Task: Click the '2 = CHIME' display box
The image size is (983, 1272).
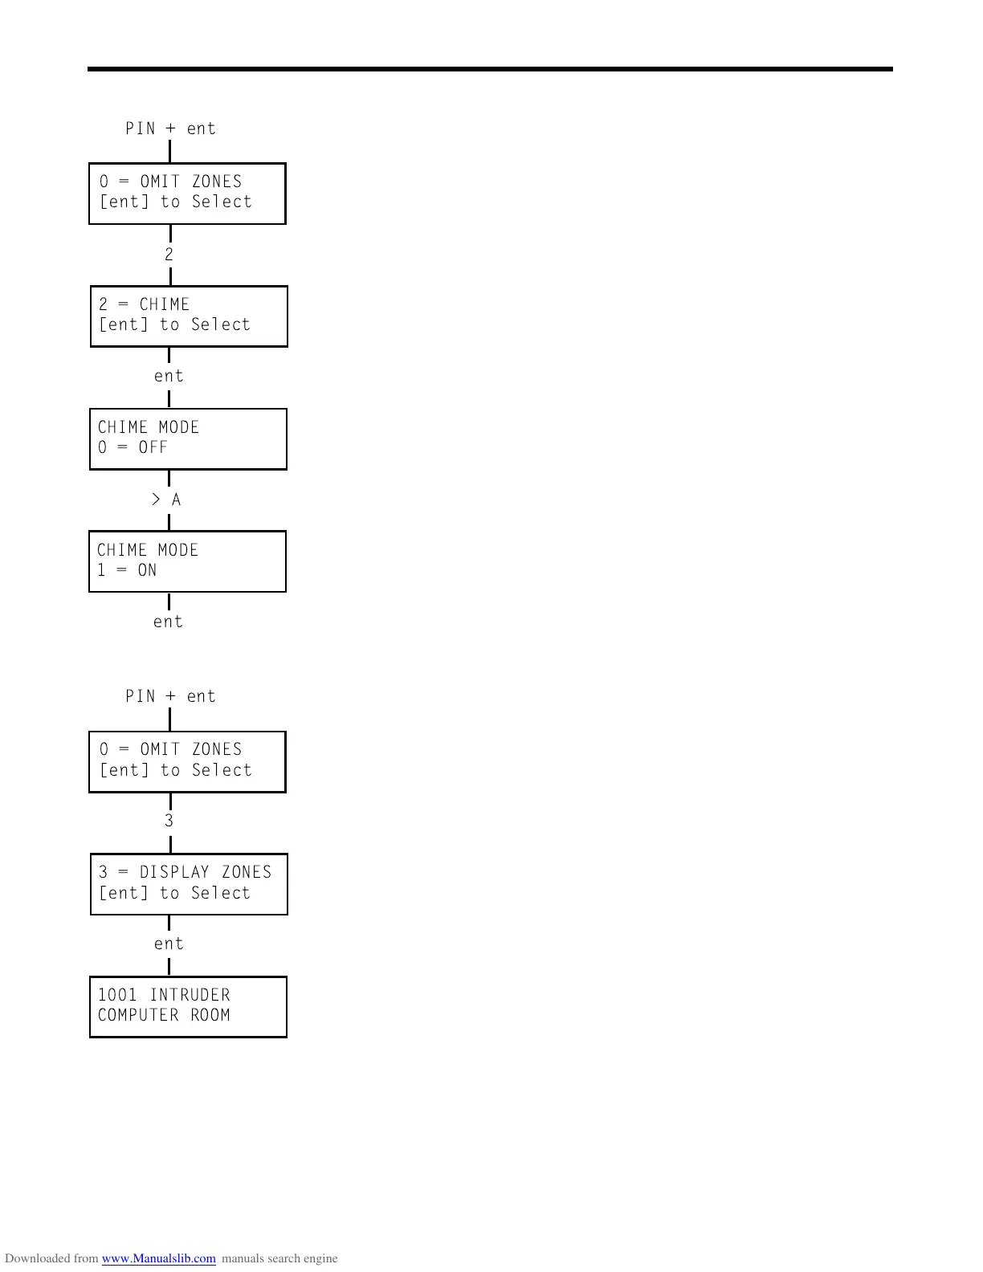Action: click(x=189, y=316)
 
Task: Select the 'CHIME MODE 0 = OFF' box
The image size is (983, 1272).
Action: click(x=188, y=439)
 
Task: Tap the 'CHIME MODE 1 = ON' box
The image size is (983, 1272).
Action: click(x=187, y=561)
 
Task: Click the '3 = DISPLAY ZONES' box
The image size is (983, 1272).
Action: click(x=189, y=884)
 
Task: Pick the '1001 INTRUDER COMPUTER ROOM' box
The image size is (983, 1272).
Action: click(x=188, y=1007)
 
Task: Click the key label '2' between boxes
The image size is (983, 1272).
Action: click(x=169, y=255)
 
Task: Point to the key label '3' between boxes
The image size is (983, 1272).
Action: click(x=169, y=821)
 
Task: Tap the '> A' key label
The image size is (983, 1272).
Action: click(x=166, y=500)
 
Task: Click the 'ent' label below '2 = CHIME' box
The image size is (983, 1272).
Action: click(x=169, y=376)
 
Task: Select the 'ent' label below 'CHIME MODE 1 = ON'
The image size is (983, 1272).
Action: click(x=168, y=622)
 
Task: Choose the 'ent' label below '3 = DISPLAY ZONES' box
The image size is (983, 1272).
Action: click(x=169, y=944)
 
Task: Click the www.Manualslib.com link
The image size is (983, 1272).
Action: click(x=158, y=1258)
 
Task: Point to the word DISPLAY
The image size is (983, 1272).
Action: click(x=174, y=872)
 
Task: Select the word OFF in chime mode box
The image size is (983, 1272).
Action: click(x=153, y=447)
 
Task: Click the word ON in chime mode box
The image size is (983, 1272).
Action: click(x=147, y=570)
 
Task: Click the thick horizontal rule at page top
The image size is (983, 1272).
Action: click(x=490, y=70)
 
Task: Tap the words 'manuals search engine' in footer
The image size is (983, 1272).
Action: click(x=279, y=1258)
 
